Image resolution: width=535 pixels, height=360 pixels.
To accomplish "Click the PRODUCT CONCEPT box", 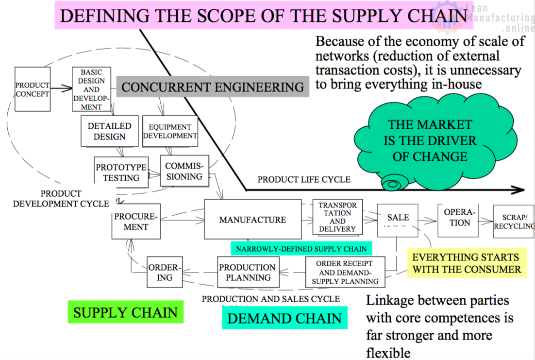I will click(x=33, y=89).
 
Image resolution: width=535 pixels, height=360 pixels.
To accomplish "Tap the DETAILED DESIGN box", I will click(x=109, y=131).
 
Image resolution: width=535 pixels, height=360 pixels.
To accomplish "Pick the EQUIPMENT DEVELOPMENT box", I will click(x=170, y=131).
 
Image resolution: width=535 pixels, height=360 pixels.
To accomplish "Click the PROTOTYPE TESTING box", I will click(x=121, y=172).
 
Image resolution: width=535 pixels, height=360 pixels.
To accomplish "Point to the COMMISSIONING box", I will click(x=184, y=171).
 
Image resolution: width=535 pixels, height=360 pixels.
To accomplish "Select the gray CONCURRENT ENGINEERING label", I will click(x=213, y=87).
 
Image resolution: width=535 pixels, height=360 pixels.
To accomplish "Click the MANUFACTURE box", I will click(x=252, y=220).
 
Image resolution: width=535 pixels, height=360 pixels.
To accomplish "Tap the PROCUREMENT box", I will click(x=136, y=221).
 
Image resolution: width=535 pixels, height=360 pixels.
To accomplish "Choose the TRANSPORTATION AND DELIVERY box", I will click(x=337, y=217).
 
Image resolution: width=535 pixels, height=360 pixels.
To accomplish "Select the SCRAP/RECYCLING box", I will click(x=514, y=222).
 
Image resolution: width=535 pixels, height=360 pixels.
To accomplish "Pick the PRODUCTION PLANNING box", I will click(x=248, y=273).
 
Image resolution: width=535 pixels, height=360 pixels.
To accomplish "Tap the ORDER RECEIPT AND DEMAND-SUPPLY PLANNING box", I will click(x=345, y=272).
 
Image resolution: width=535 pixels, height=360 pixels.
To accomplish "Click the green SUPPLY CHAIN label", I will click(x=125, y=312).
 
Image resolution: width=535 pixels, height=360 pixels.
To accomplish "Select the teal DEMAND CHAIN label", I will click(x=284, y=319).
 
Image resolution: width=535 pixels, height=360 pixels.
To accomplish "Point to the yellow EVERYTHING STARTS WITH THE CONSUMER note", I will click(x=466, y=263).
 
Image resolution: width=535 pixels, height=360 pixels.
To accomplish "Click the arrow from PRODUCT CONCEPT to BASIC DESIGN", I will click(x=61, y=89).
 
